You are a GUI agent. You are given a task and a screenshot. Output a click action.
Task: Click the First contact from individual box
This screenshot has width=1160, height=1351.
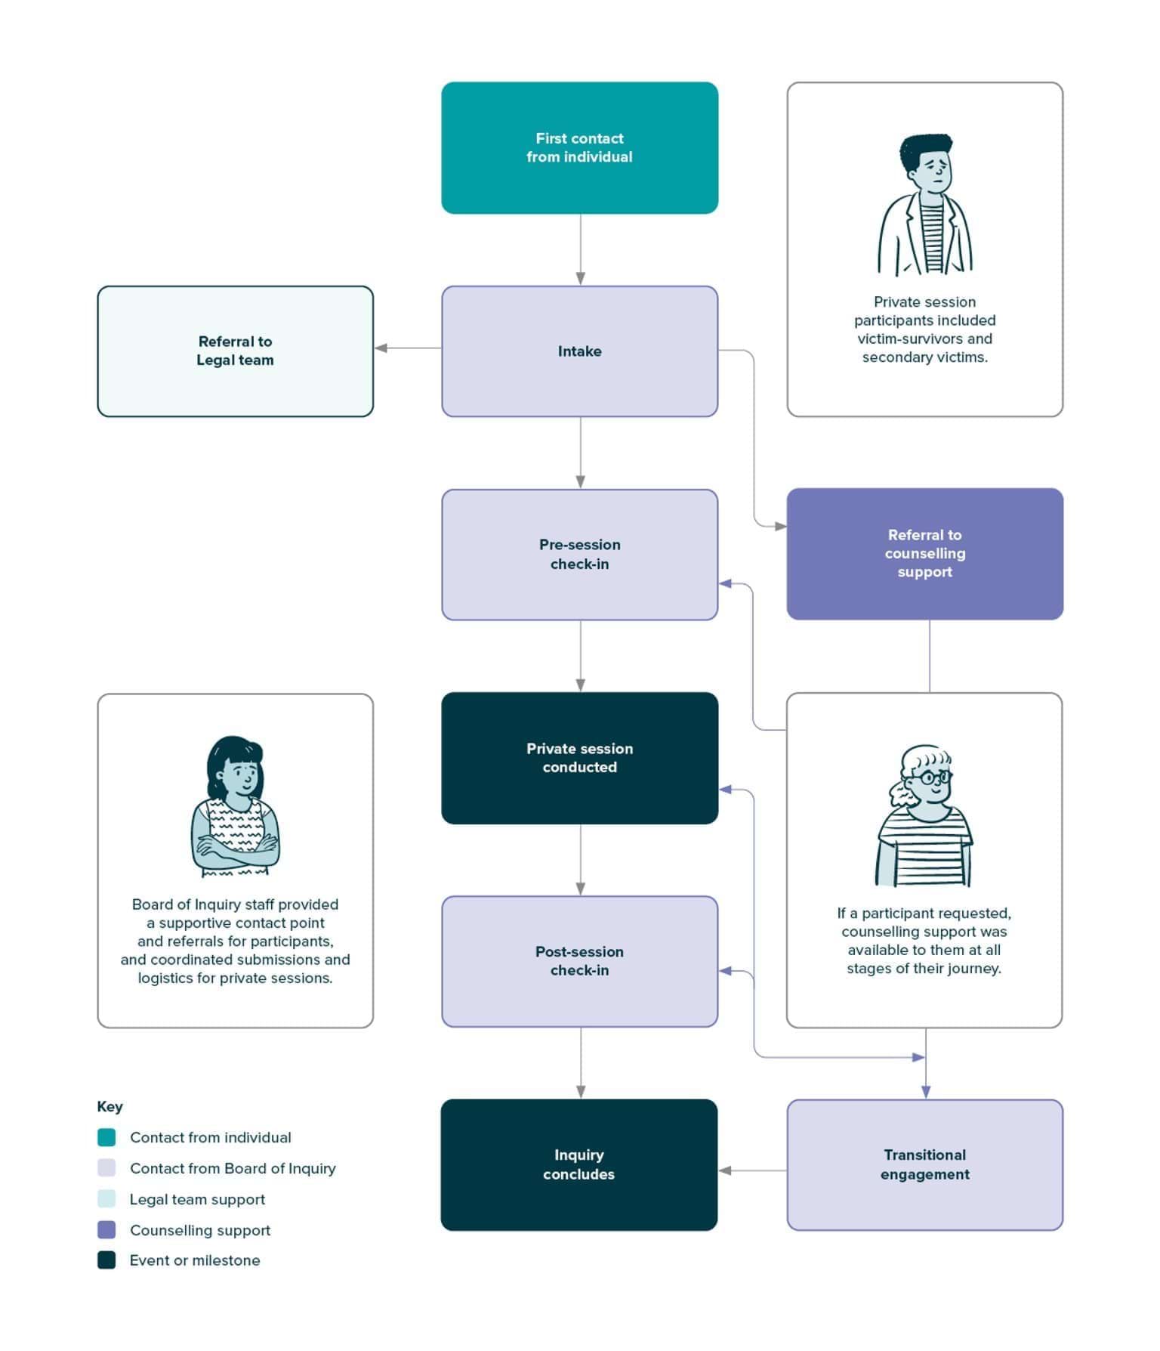(x=579, y=148)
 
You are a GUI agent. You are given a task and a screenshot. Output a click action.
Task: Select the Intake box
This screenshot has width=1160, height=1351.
(x=579, y=351)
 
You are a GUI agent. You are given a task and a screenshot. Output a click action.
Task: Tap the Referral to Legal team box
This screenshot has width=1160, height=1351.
(x=235, y=351)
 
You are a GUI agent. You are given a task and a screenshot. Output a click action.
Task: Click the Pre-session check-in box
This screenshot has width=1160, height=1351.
(x=579, y=555)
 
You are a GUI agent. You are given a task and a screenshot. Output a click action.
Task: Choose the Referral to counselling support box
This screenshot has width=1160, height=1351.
(x=924, y=554)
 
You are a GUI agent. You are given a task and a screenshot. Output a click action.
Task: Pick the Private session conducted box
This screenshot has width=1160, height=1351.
(x=579, y=758)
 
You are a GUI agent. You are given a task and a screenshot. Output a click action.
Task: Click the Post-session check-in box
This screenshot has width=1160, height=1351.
(x=579, y=961)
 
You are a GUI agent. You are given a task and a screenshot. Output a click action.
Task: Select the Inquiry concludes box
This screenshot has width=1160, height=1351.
(x=579, y=1164)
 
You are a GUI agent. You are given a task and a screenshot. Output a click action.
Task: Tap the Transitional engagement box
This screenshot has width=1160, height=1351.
(x=924, y=1164)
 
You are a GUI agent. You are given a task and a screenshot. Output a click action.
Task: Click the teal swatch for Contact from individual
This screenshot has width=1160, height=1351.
(x=106, y=1137)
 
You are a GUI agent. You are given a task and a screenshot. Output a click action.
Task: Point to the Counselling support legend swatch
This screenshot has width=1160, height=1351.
(x=106, y=1230)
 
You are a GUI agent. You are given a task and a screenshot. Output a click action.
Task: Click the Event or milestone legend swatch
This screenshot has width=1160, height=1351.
(x=106, y=1260)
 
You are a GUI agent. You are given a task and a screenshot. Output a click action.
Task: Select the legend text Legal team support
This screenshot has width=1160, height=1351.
(x=197, y=1199)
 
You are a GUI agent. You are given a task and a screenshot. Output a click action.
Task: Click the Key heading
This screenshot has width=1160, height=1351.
(x=110, y=1106)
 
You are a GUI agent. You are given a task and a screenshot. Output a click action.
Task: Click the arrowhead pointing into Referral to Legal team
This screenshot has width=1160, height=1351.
(x=381, y=348)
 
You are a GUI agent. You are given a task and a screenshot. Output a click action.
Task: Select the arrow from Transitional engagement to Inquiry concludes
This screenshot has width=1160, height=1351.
(x=752, y=1170)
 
